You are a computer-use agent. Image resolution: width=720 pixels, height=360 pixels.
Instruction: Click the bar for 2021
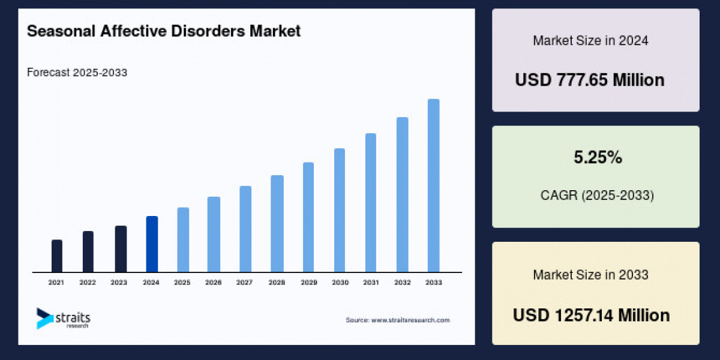click(x=57, y=256)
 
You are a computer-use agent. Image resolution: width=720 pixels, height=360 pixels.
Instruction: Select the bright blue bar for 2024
click(x=152, y=244)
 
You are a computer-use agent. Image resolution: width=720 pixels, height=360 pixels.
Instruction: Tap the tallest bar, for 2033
click(x=433, y=185)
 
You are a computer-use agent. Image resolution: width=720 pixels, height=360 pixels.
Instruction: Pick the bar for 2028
click(x=277, y=224)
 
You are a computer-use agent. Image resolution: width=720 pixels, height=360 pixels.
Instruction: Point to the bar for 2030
click(x=340, y=210)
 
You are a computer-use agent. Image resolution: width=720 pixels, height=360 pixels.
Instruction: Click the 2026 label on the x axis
click(x=214, y=282)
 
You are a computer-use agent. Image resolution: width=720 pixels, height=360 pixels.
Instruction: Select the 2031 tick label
click(x=370, y=282)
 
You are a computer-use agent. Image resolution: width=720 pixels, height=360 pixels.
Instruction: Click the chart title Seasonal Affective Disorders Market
click(x=164, y=31)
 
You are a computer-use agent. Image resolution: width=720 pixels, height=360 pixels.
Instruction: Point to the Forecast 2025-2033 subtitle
click(x=77, y=73)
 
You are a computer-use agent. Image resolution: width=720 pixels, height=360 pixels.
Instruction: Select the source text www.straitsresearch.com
click(x=397, y=320)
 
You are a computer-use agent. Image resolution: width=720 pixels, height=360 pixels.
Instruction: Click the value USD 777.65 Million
click(x=590, y=80)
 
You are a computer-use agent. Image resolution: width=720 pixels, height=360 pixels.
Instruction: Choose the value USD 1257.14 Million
click(x=591, y=315)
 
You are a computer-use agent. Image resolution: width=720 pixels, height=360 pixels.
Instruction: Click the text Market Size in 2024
click(x=590, y=41)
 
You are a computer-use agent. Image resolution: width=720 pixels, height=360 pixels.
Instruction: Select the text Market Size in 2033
click(x=590, y=275)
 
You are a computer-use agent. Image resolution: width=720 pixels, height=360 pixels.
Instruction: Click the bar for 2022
click(x=88, y=251)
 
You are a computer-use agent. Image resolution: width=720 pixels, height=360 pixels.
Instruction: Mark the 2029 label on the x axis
click(x=308, y=282)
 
